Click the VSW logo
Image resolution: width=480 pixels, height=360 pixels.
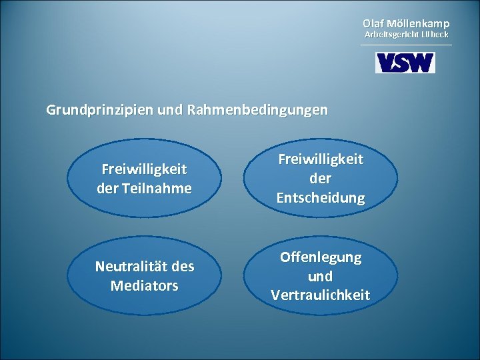405,63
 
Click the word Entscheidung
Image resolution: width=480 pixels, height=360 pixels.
321,198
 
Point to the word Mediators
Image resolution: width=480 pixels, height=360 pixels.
145,285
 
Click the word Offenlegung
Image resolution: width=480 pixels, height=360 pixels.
321,257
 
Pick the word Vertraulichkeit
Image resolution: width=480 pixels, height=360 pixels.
321,295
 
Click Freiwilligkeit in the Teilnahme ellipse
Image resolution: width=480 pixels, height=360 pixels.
145,170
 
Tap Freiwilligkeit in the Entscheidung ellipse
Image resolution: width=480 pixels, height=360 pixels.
321,160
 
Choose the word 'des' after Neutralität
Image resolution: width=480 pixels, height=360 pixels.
183,267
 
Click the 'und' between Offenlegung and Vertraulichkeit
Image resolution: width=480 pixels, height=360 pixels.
321,276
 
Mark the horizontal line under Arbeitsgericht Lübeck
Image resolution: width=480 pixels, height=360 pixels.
405,45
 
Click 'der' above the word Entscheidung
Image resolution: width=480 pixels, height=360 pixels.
321,179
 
